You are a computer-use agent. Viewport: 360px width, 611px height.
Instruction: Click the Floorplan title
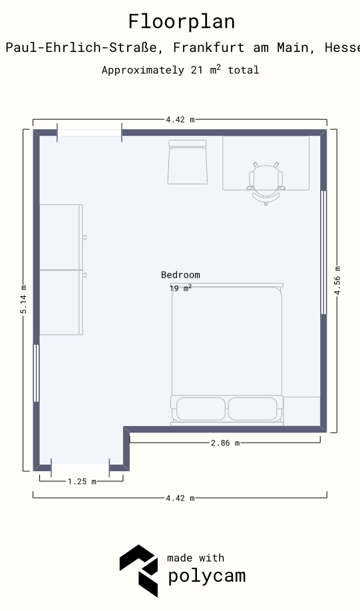(182, 22)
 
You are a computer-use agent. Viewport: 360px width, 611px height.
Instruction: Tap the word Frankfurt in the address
(209, 47)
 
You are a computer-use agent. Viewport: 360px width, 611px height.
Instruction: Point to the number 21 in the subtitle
(196, 70)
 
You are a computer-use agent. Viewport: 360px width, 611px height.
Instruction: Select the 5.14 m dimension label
(24, 300)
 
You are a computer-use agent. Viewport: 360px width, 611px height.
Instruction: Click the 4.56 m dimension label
(337, 281)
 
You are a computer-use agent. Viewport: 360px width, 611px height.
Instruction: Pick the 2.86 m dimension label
(225, 443)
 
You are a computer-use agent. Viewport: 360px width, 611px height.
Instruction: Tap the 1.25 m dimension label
(82, 482)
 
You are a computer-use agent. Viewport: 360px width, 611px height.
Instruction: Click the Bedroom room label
(180, 275)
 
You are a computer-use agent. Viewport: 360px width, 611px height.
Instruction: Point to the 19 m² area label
(180, 288)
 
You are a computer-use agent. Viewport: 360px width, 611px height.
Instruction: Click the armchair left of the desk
(188, 162)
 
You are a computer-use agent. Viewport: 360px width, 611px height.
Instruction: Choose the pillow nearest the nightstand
(253, 409)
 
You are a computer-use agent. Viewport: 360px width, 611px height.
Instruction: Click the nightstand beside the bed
(301, 411)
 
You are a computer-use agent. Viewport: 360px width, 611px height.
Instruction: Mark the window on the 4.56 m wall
(323, 252)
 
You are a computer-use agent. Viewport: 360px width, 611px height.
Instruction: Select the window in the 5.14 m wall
(36, 373)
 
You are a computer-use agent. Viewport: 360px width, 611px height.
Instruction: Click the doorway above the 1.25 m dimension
(81, 468)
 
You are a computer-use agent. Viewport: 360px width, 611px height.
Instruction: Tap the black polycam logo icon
(138, 570)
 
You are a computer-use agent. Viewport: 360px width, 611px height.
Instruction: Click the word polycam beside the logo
(207, 576)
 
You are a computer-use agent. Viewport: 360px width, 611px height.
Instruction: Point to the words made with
(196, 558)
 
